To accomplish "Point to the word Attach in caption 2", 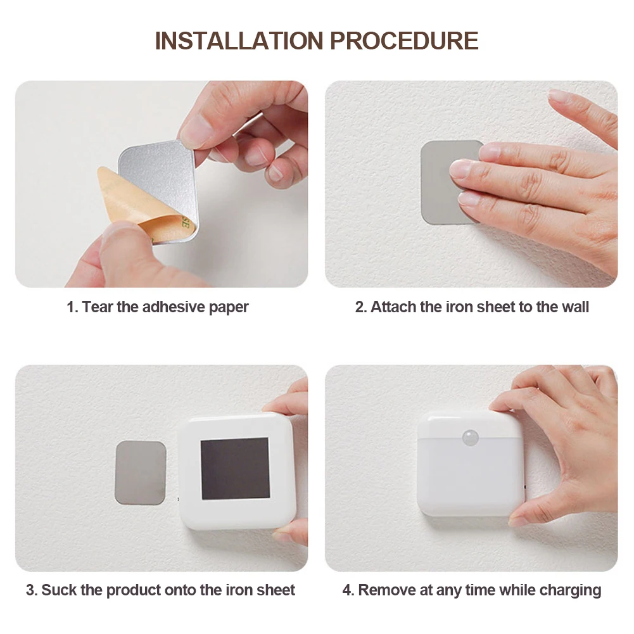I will point(393,307).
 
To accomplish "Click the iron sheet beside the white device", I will point(141,472).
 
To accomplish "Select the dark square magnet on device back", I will point(235,468).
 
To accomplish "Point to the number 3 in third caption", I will point(30,590).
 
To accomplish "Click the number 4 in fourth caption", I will point(346,590).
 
